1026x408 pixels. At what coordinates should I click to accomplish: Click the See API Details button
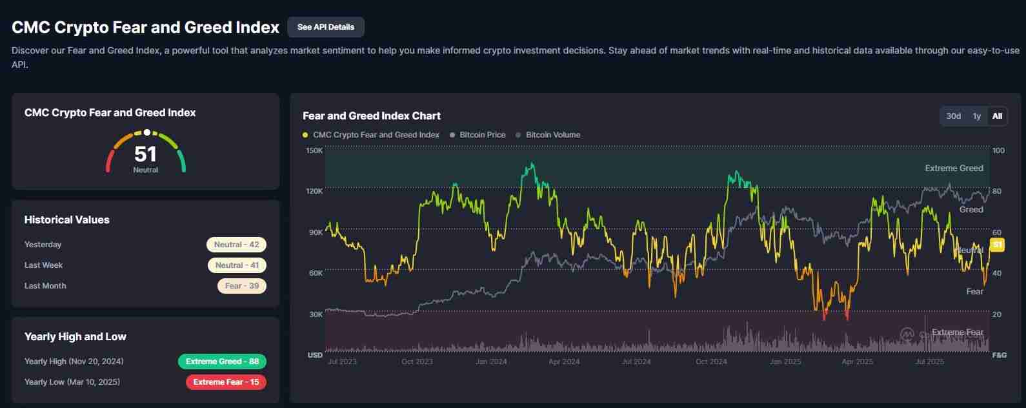325,27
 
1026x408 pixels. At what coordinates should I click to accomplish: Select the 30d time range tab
953,116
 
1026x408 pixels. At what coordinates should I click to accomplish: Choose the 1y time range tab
976,116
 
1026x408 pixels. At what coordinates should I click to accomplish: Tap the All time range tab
997,116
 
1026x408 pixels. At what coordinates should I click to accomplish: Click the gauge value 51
145,154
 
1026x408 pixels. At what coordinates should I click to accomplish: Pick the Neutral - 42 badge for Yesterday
236,245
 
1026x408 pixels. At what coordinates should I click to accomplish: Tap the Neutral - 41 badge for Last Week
237,265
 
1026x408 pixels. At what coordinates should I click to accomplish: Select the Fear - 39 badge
242,286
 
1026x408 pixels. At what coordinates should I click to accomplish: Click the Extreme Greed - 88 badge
222,362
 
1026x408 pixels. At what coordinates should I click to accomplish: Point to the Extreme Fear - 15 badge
226,382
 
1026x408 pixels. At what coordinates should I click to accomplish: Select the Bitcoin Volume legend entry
552,135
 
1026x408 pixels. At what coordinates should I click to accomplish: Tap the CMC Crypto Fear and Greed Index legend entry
376,135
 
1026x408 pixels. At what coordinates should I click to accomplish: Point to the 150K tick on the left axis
314,150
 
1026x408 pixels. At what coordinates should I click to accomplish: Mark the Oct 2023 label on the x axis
417,362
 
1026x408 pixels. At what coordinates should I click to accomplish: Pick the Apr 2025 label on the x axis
857,362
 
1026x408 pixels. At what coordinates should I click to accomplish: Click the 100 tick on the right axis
998,150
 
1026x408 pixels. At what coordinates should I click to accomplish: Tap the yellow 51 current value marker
997,245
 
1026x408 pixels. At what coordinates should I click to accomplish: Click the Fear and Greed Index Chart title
372,116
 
